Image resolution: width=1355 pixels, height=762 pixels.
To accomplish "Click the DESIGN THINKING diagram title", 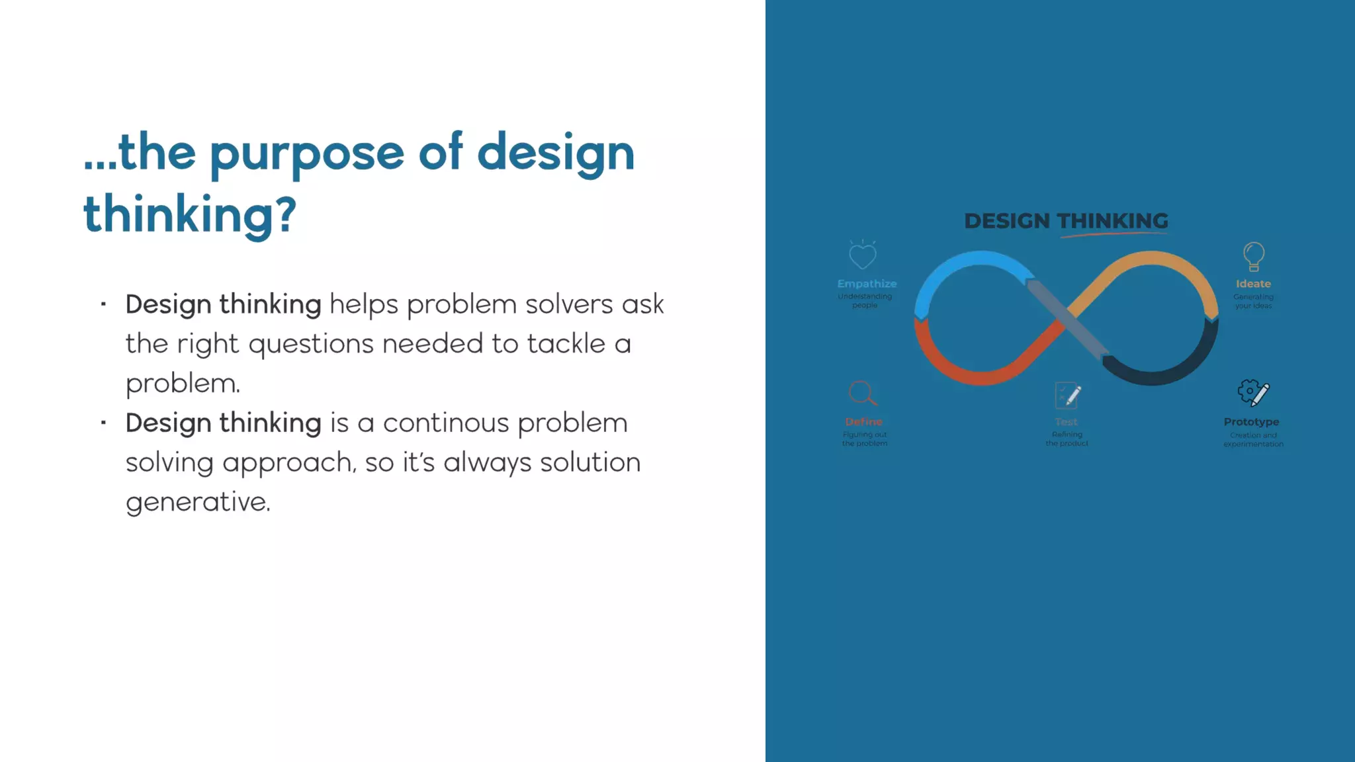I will [1066, 221].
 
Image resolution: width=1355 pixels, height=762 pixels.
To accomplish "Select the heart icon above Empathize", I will [862, 255].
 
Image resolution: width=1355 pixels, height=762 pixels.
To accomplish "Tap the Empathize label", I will [867, 284].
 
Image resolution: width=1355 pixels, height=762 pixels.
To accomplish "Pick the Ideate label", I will [1253, 284].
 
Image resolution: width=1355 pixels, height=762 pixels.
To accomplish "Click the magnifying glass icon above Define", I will [862, 394].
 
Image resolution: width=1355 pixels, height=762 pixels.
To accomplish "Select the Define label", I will [863, 422].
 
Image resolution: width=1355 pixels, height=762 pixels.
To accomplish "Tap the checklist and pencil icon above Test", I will [1067, 396].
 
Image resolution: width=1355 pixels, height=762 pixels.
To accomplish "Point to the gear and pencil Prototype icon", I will [1252, 393].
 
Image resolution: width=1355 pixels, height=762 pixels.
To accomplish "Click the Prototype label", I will [1251, 422].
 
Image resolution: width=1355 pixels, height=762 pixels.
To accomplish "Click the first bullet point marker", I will [104, 305].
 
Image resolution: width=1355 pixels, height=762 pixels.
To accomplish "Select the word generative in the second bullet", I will [197, 502].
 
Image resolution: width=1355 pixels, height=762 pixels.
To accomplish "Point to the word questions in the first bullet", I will [311, 345].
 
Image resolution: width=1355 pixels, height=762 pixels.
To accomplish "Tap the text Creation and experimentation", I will [1253, 440].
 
